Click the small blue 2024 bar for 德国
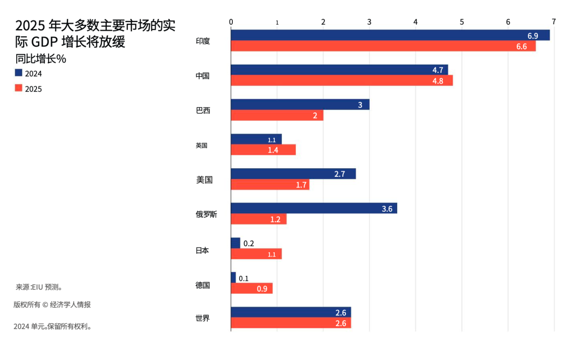(x=233, y=278)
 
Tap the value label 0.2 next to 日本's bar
(x=248, y=244)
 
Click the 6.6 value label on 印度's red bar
(x=522, y=46)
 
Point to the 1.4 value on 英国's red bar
(x=273, y=150)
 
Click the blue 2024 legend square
(x=18, y=73)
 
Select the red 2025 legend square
(x=18, y=88)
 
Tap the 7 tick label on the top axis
(x=553, y=22)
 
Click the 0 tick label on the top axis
(x=231, y=22)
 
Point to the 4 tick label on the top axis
(x=415, y=22)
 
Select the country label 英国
(x=202, y=146)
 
